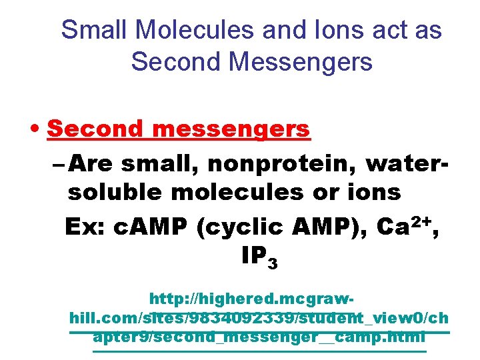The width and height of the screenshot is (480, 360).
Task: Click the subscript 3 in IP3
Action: coord(272,264)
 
